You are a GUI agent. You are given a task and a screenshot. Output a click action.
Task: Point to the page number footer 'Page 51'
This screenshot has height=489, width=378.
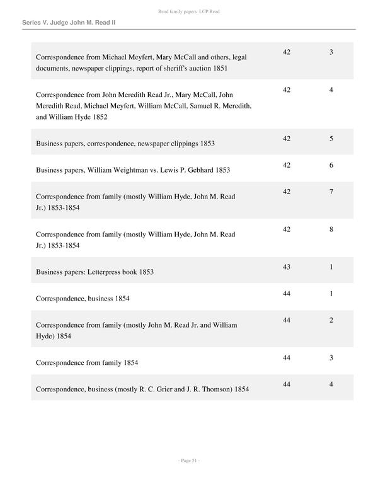tap(188, 461)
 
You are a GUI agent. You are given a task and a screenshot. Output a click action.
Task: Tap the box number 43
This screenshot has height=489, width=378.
tap(287, 267)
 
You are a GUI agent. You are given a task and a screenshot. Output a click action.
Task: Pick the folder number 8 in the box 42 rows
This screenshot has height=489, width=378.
tap(331, 229)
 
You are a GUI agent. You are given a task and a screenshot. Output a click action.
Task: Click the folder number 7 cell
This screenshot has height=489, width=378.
tap(331, 192)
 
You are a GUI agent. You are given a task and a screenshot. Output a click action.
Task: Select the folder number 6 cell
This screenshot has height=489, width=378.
tap(331, 165)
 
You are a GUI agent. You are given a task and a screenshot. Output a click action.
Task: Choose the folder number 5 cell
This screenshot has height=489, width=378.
tap(331, 139)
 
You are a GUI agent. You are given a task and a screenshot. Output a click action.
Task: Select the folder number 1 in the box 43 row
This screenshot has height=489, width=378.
tap(331, 267)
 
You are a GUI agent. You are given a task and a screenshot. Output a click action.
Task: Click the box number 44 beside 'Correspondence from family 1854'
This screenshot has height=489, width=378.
tap(287, 358)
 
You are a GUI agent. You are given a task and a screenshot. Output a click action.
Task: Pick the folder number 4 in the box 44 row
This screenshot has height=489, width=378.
tap(331, 384)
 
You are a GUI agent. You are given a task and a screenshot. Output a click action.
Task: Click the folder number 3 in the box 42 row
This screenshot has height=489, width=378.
tap(331, 52)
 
